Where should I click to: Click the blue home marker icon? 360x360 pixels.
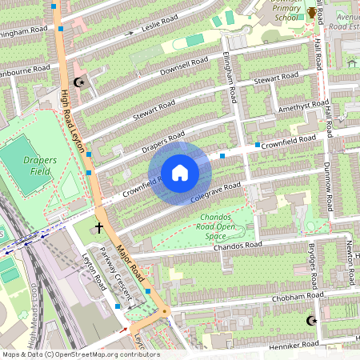tap(180, 173)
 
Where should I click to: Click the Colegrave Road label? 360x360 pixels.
tap(216, 193)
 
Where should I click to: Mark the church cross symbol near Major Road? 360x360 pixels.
tap(99, 228)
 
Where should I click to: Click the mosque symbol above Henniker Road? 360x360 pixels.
tap(311, 321)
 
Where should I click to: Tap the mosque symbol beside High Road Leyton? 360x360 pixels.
tap(78, 82)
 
